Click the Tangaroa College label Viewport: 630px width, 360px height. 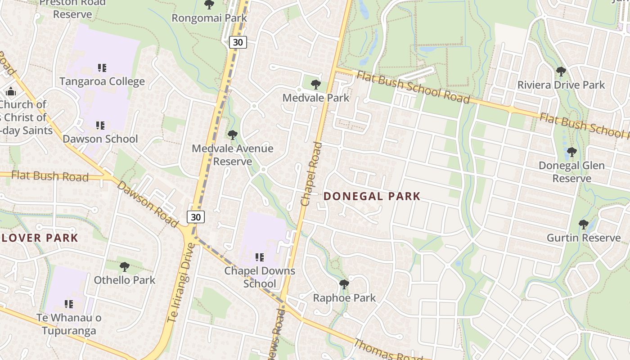coord(102,81)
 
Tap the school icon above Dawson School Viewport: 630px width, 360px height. coord(100,125)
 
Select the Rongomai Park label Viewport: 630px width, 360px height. coord(209,18)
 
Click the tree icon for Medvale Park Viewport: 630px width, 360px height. coord(316,84)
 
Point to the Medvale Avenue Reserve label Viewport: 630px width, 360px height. coord(232,154)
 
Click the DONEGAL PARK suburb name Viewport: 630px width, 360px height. coord(372,196)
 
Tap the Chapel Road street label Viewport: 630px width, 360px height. coord(311,174)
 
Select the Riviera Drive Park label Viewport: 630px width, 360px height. coord(561,85)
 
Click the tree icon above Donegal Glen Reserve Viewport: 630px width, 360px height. coord(571,152)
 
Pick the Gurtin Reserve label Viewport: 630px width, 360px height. coord(583,238)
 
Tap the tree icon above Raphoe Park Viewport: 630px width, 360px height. coord(344,284)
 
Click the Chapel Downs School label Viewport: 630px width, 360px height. coord(260,277)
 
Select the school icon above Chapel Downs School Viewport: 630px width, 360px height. coord(259,257)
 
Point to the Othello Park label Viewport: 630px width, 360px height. coord(124,280)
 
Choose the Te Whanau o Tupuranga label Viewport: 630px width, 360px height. coord(69,324)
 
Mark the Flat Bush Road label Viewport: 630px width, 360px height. coord(49,175)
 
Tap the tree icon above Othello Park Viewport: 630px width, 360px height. coord(124,267)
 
